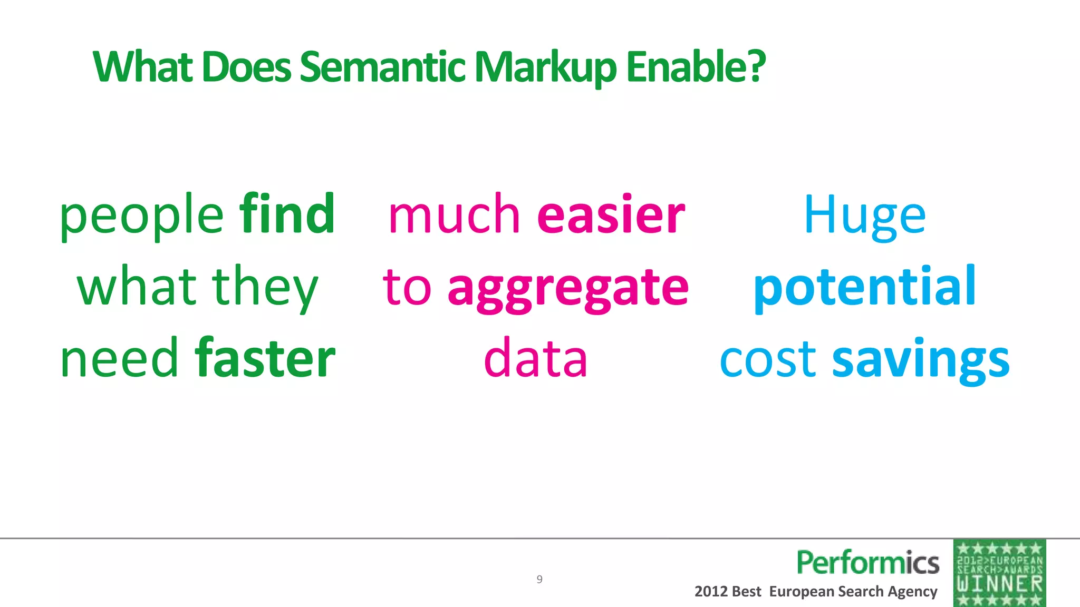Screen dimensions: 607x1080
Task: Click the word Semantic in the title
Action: (383, 67)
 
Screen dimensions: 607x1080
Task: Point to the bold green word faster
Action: (265, 358)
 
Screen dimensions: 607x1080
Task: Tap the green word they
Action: (265, 287)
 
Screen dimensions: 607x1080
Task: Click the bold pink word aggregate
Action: (568, 289)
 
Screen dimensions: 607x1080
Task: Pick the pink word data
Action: (535, 358)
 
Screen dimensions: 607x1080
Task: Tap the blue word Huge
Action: (864, 216)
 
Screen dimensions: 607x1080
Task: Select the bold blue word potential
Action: (865, 287)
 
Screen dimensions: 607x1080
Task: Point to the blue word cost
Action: (768, 359)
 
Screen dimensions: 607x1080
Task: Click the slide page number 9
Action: (539, 579)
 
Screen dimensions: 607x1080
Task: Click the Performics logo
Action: (867, 563)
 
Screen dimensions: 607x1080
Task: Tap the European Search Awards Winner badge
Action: (999, 573)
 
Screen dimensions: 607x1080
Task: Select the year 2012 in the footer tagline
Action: (710, 592)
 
